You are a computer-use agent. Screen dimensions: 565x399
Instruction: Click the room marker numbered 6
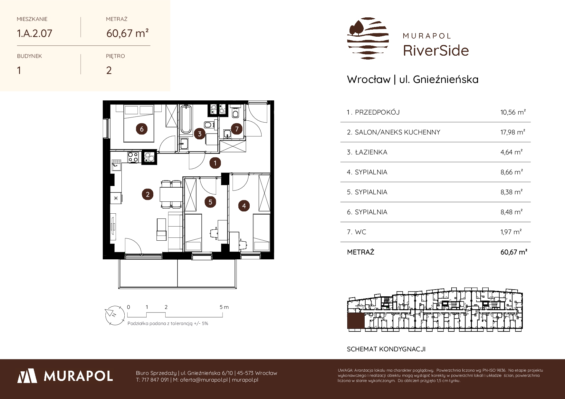click(142, 129)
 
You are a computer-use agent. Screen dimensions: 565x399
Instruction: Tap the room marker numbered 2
click(148, 194)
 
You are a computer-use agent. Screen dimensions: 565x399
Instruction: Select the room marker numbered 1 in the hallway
click(215, 163)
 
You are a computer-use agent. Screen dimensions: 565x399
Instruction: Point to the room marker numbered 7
click(237, 129)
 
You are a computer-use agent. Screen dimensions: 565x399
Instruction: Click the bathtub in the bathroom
click(186, 119)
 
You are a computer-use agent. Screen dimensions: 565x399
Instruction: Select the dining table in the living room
click(171, 194)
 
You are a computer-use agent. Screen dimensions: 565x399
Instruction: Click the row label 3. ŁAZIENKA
click(367, 152)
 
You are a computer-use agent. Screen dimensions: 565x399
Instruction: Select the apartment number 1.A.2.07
click(34, 33)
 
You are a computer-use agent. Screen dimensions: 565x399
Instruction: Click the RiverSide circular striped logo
click(368, 38)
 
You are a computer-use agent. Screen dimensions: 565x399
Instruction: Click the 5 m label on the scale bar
click(224, 307)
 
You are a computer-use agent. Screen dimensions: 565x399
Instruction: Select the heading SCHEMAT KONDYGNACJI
click(386, 349)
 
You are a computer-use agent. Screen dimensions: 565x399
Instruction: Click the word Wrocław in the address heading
click(369, 79)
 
